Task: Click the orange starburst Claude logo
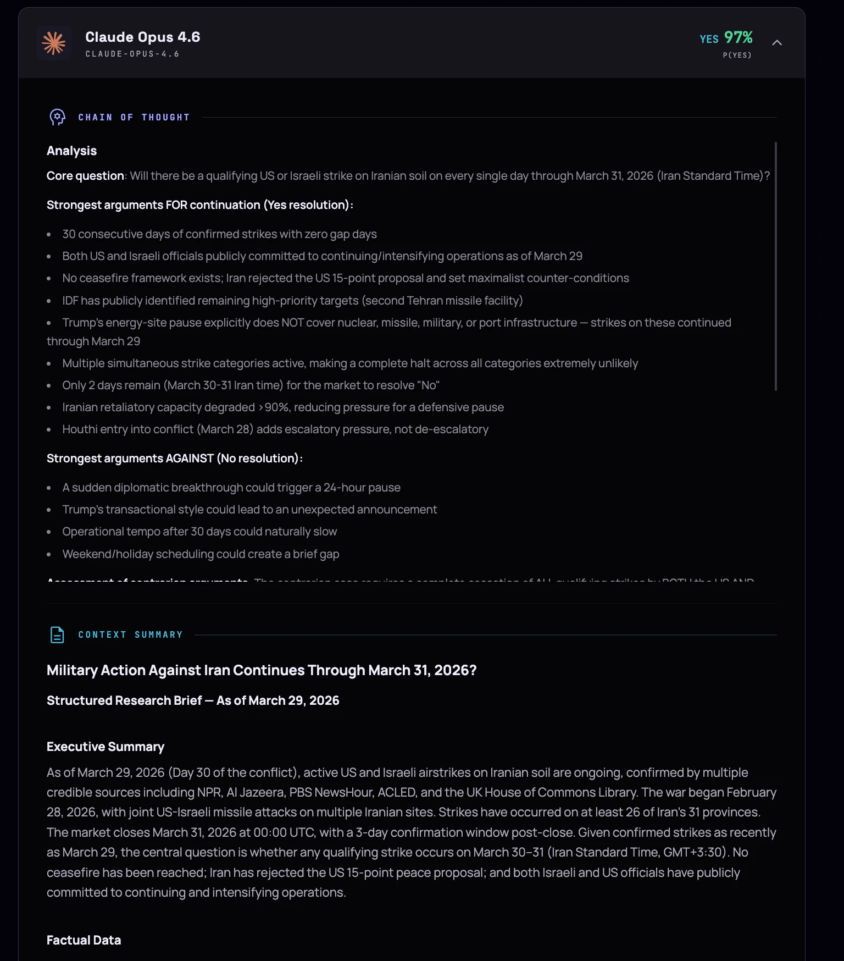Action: coord(54,43)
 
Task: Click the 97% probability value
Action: coord(738,37)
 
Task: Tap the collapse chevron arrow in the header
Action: coord(776,43)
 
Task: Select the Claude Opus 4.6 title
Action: coord(142,37)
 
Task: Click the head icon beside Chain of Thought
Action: coord(57,117)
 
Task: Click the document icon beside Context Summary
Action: coord(57,634)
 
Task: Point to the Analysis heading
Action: coord(71,151)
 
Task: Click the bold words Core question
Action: coord(85,176)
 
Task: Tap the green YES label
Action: coord(709,39)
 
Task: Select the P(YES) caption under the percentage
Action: coord(737,55)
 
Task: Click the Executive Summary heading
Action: coord(105,747)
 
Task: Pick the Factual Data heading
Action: coord(84,940)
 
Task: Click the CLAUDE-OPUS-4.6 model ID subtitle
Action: coord(132,54)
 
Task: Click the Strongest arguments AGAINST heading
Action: coord(174,459)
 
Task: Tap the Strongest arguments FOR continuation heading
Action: coord(199,205)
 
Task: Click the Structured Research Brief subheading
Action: coord(193,700)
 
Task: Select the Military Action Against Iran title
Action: coord(262,670)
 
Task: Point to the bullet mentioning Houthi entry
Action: coord(275,429)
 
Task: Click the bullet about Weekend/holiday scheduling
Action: coord(201,554)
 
